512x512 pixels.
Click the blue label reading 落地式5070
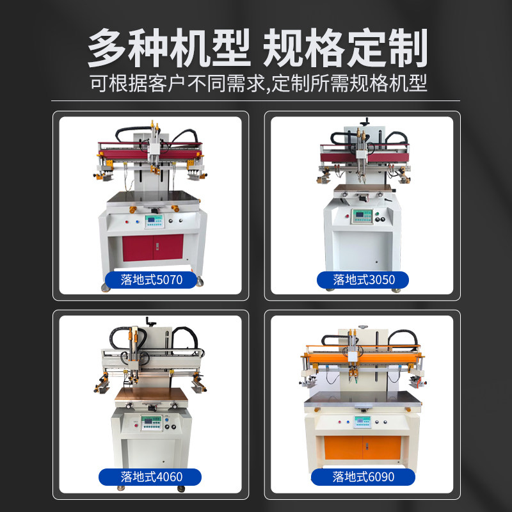coord(151,279)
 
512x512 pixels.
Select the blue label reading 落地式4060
coord(151,476)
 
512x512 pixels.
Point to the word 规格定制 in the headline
coord(346,48)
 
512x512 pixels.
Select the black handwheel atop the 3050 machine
coord(366,120)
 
